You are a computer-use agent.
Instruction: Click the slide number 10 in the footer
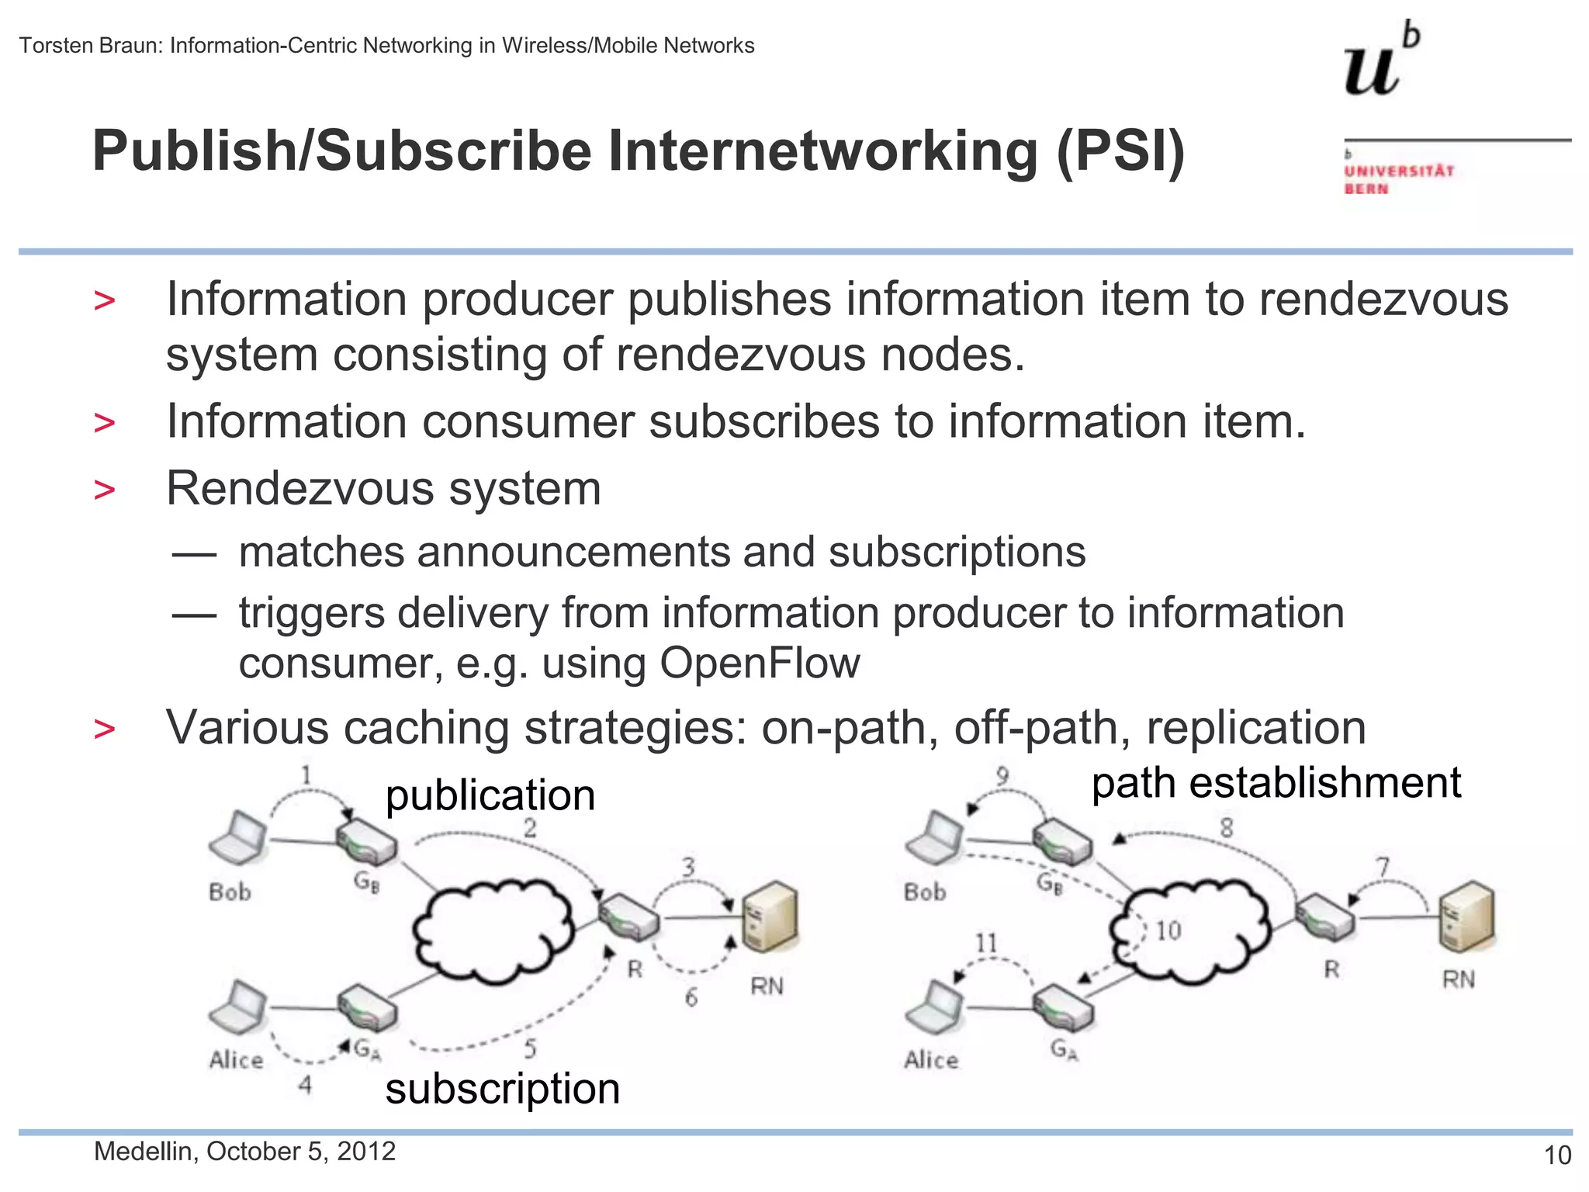click(x=1557, y=1156)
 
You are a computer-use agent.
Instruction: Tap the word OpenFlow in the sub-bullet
click(x=760, y=664)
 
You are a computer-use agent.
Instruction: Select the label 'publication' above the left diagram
click(x=490, y=795)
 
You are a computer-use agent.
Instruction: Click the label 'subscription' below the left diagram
click(x=503, y=1088)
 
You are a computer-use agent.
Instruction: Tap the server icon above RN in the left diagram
click(x=769, y=917)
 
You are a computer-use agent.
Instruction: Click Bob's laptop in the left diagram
click(x=238, y=839)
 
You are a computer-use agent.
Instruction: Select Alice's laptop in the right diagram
click(x=934, y=1007)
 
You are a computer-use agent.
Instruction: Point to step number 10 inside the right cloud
click(x=1168, y=930)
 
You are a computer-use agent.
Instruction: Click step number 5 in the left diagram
click(x=530, y=1048)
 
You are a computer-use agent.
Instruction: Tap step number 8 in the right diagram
click(x=1226, y=828)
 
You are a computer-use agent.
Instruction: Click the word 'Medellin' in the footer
click(x=144, y=1152)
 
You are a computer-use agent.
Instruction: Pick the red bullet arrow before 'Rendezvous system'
click(x=104, y=490)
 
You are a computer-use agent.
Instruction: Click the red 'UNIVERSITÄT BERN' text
click(x=1399, y=179)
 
